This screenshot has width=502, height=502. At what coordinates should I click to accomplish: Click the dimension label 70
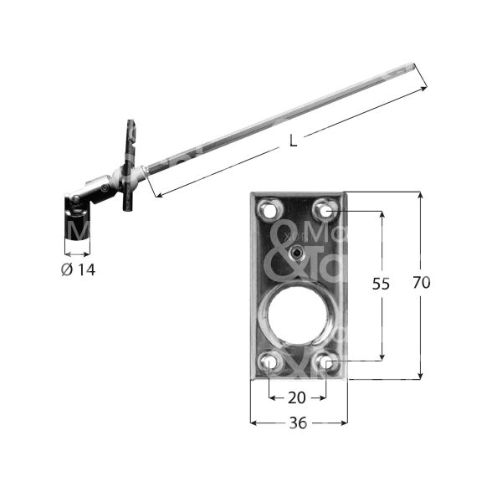tap(421, 284)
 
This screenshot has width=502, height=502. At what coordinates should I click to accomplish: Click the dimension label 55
tap(381, 284)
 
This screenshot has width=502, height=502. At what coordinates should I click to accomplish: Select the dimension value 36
tap(298, 423)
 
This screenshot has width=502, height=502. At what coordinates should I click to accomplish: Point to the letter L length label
tap(292, 141)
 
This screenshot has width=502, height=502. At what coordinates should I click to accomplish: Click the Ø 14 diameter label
tap(79, 270)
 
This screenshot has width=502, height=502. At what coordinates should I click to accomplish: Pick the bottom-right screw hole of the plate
tap(326, 362)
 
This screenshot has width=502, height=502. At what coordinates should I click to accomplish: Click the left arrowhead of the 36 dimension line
tap(254, 423)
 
